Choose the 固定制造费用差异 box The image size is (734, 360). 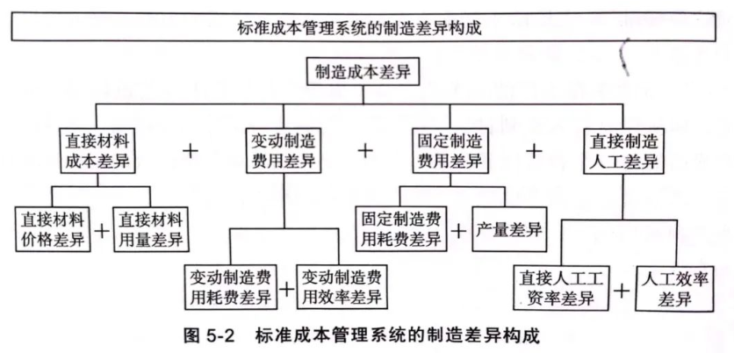pos(448,149)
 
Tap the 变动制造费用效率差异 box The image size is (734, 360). pos(342,284)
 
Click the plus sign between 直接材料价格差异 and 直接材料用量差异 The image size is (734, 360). pos(103,230)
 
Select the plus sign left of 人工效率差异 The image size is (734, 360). pos(622,291)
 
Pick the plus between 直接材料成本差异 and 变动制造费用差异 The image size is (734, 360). pos(188,150)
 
